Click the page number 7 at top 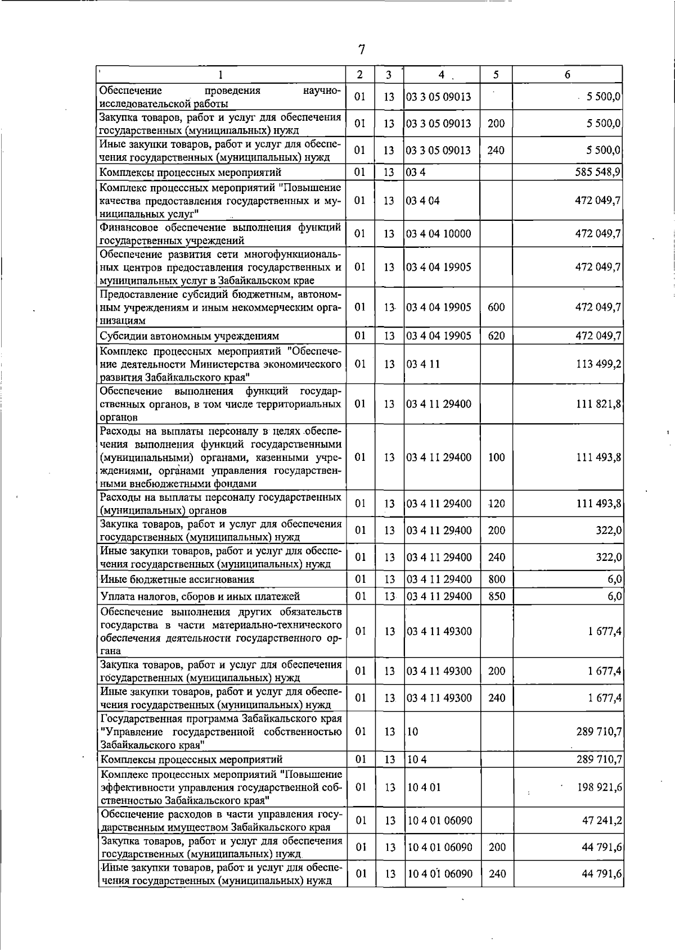[x=362, y=50]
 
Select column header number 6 [x=568, y=74]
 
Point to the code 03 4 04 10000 [x=439, y=234]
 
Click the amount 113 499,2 [x=598, y=364]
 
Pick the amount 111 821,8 [x=598, y=404]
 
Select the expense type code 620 [x=497, y=336]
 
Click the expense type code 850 [x=497, y=596]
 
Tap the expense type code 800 [x=497, y=579]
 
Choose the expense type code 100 [x=497, y=457]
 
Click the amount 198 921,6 [x=600, y=787]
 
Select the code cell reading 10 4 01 [x=425, y=787]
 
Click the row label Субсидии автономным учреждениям [x=189, y=336]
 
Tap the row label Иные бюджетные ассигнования [x=177, y=579]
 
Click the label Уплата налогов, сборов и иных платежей [x=200, y=596]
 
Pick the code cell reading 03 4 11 [x=424, y=364]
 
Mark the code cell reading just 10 [x=413, y=731]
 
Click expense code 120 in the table [x=497, y=504]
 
